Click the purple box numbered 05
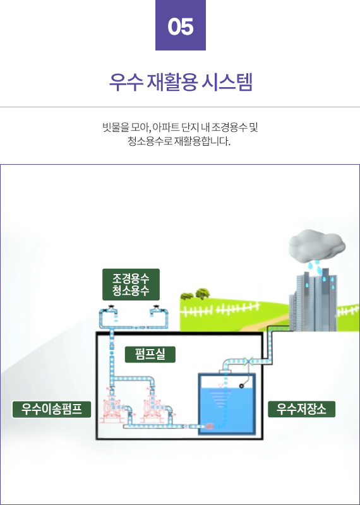point(181,25)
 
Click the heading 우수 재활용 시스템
point(181,83)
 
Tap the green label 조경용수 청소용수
point(131,285)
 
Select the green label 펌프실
point(150,354)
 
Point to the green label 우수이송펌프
point(52,409)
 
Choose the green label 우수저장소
point(301,409)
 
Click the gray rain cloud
point(317,246)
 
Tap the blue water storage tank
point(227,404)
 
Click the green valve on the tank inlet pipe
point(248,361)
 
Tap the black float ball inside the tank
point(241,386)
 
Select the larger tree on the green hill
point(203,293)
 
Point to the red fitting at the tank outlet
point(210,427)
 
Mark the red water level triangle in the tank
point(221,386)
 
